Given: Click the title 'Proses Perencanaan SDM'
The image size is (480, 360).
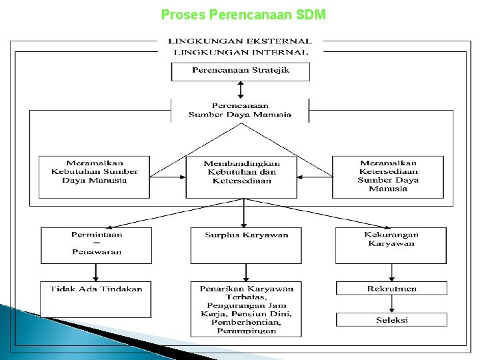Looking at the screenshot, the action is (x=243, y=15).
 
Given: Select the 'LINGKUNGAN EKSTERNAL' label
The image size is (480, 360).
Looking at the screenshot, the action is (x=240, y=41).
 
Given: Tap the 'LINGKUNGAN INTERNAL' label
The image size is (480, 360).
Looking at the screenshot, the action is (x=241, y=53).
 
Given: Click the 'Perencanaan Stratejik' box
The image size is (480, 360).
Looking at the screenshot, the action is (x=241, y=72).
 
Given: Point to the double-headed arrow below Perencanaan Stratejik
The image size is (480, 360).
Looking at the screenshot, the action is (x=241, y=90).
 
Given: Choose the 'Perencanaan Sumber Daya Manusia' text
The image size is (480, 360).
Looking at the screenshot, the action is (x=240, y=110).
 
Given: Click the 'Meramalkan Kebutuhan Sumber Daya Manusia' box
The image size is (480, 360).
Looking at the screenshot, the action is (x=94, y=177).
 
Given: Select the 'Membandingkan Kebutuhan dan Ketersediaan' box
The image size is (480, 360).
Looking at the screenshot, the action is (x=241, y=177).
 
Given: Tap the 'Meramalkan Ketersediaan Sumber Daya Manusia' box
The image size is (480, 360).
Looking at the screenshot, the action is (x=388, y=177).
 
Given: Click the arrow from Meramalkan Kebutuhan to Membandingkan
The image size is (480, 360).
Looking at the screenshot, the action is (x=168, y=177).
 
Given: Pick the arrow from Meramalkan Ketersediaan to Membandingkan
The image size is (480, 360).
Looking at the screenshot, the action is (x=315, y=177).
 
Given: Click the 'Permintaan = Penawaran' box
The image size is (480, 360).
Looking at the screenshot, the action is (x=97, y=245).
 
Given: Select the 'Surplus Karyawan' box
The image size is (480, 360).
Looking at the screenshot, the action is (x=246, y=245).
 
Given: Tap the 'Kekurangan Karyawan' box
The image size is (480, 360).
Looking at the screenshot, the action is (x=391, y=245).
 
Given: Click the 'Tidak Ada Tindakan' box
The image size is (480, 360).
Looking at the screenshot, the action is (x=96, y=300).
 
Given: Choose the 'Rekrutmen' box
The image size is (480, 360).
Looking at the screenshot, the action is (x=391, y=288).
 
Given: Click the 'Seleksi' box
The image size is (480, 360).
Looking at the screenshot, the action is (x=391, y=319).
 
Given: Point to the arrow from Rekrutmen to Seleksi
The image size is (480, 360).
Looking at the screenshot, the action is (x=391, y=304).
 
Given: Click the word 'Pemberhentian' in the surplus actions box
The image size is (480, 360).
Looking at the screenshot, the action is (x=246, y=323).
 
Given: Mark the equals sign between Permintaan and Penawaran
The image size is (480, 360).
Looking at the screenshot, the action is (x=97, y=243).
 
